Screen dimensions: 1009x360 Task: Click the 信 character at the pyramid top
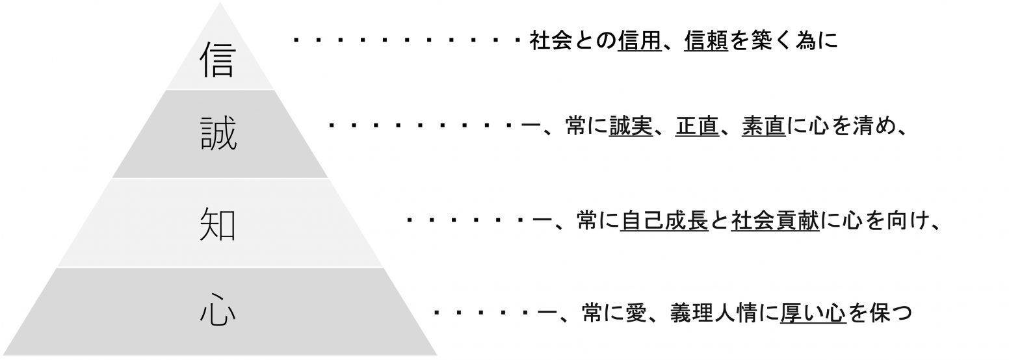217,60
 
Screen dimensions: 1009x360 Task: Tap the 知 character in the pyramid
218,224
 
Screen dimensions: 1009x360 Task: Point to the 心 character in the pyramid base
217,313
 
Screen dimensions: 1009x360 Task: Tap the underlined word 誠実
631,126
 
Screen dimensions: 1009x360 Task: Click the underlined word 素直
764,126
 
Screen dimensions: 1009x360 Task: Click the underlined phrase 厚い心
813,314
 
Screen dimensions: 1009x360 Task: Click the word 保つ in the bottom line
891,314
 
